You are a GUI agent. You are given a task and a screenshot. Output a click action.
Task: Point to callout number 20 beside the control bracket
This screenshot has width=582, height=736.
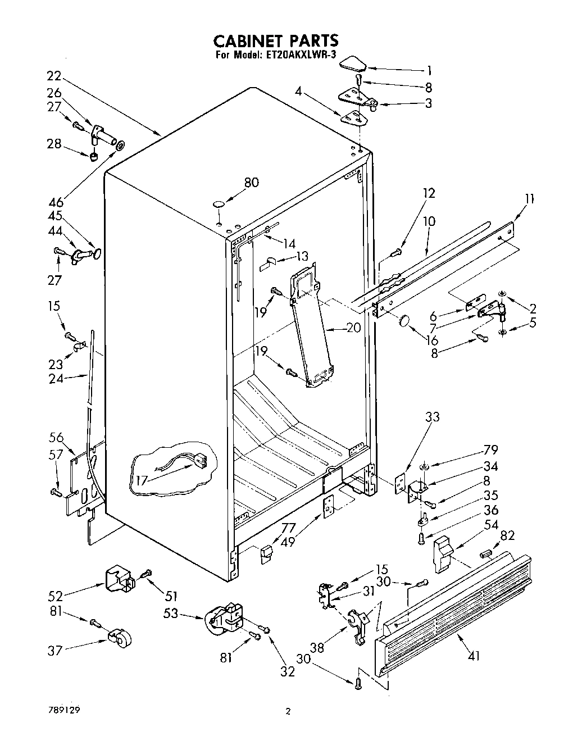[353, 328]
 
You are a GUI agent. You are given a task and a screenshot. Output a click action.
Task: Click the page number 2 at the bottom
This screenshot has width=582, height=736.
[288, 711]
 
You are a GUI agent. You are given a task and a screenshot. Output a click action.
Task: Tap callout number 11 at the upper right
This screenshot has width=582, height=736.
[529, 199]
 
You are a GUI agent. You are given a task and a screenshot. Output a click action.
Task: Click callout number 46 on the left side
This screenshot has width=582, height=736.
[55, 201]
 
